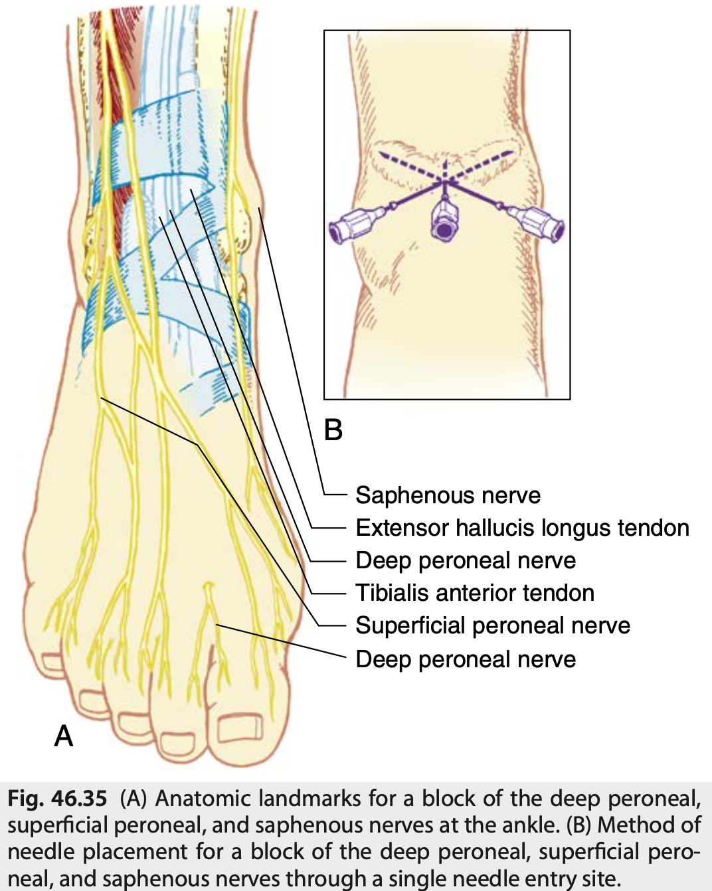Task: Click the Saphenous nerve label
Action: (448, 495)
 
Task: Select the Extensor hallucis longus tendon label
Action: (522, 528)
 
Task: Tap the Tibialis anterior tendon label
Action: (475, 593)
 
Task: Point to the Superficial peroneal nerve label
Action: (493, 625)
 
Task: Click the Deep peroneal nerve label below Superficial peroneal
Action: (466, 659)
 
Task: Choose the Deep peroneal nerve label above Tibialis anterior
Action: (466, 560)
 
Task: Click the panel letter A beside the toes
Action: (64, 736)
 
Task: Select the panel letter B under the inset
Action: (333, 430)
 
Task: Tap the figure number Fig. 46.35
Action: (57, 798)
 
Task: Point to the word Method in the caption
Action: (638, 825)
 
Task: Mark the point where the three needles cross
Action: (444, 181)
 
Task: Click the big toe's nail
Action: (241, 729)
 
